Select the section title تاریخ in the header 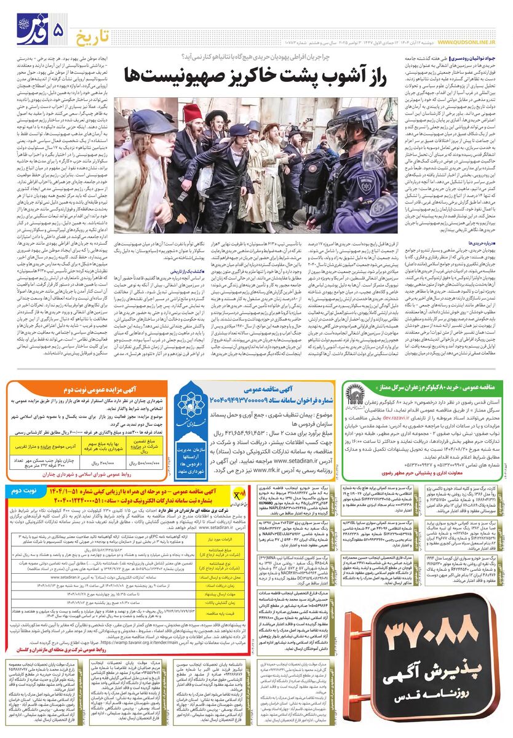pyautogui.click(x=92, y=31)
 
